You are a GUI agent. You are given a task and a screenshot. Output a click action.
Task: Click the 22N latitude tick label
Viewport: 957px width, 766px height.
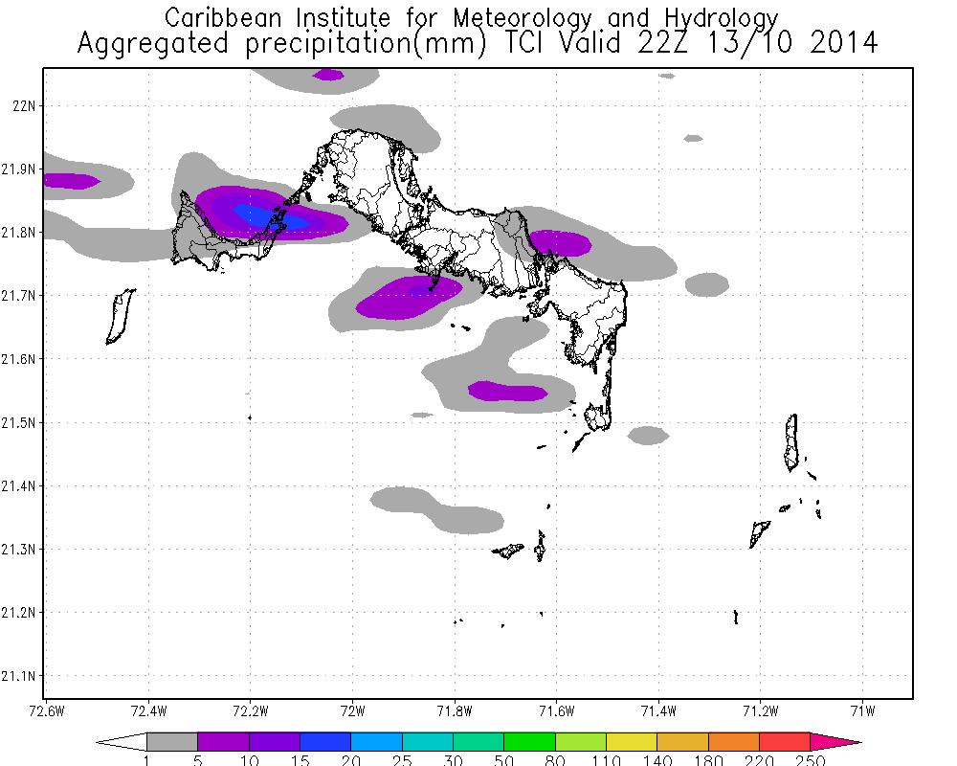coord(22,105)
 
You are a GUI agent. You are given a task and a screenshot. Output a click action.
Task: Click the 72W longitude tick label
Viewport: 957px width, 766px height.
coord(352,711)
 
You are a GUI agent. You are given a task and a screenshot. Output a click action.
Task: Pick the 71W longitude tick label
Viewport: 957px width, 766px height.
coord(863,711)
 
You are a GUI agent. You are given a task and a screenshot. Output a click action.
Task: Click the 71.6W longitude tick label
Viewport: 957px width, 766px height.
coord(556,711)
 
